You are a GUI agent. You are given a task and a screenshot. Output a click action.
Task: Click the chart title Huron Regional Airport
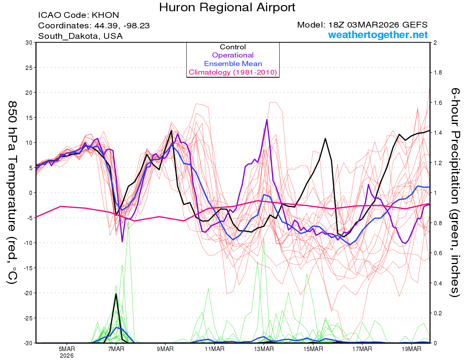click(227, 7)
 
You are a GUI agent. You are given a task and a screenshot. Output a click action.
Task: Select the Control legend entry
click(233, 47)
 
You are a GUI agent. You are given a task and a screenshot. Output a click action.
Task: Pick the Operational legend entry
click(233, 55)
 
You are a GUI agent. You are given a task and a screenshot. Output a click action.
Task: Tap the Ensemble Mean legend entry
click(233, 64)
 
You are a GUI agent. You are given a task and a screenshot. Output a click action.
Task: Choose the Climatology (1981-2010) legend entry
click(233, 72)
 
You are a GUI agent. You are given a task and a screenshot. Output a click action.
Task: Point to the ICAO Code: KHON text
click(78, 16)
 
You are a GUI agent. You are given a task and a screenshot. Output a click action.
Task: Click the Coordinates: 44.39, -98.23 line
click(94, 26)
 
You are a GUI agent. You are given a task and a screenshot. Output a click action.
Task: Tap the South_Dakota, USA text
click(80, 36)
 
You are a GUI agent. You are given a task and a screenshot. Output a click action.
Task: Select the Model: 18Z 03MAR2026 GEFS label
click(362, 25)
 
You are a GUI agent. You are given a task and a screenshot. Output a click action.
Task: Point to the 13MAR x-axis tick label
click(264, 349)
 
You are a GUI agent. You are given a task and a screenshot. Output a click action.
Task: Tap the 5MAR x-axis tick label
click(66, 349)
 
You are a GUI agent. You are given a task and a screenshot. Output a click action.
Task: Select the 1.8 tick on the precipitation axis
click(438, 73)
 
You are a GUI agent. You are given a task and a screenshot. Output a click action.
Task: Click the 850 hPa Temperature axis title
click(12, 193)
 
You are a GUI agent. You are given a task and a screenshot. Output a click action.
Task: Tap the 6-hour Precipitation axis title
click(455, 193)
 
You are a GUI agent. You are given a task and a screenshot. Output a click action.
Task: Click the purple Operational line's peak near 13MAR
click(267, 120)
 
